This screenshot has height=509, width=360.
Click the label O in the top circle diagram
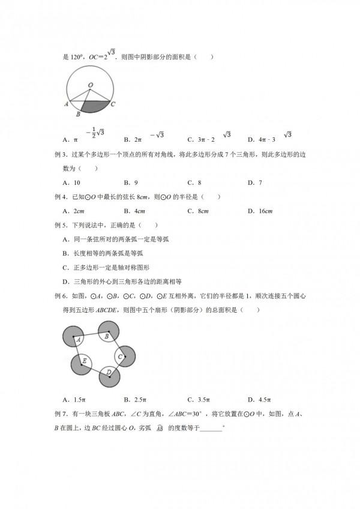click(90, 85)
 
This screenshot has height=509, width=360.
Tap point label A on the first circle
click(65, 104)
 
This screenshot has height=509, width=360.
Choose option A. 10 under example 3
click(71, 182)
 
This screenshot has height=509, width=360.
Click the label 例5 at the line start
click(59, 225)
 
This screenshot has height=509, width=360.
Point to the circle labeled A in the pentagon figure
click(76, 339)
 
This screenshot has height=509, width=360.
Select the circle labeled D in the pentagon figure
click(110, 376)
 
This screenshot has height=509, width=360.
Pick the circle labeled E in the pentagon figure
click(83, 363)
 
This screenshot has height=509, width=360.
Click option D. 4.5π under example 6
click(259, 399)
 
